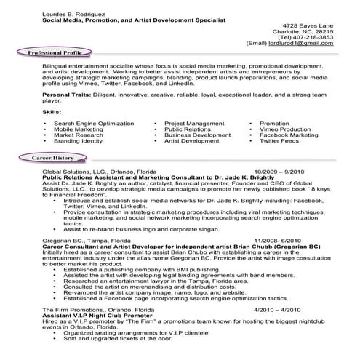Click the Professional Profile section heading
coord(60,54)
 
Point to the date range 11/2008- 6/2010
coord(279,240)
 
